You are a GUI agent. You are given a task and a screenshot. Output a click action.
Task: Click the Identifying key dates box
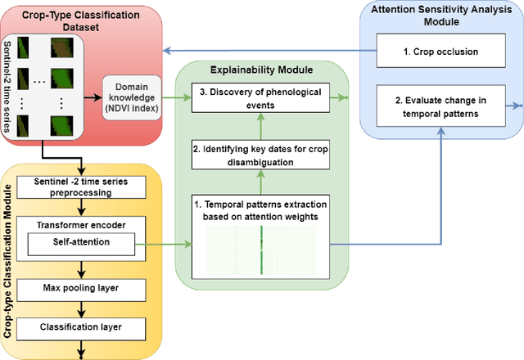[261, 155]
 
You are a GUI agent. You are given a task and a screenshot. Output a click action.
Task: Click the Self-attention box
[81, 242]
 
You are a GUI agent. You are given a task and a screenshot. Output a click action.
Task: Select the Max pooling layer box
[81, 287]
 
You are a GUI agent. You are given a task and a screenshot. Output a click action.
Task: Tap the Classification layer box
[81, 326]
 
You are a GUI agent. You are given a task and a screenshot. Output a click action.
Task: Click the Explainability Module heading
[261, 68]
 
